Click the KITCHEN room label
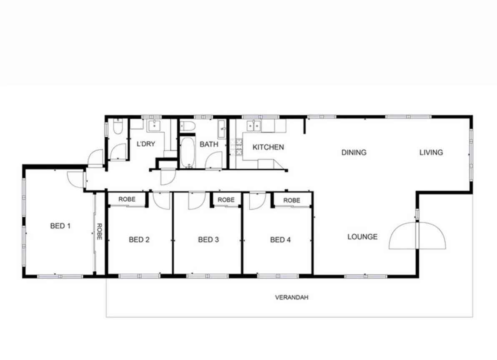coord(268,147)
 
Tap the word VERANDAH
coord(291,297)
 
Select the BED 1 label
coord(60,226)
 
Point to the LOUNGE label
coord(362,237)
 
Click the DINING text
coord(354,152)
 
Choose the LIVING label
coord(431,152)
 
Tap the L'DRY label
coord(146,144)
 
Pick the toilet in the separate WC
coord(117,127)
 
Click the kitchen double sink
coord(253,125)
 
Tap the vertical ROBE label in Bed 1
coord(100,232)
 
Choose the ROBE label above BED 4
coord(291,200)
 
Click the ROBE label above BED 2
coord(127,199)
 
